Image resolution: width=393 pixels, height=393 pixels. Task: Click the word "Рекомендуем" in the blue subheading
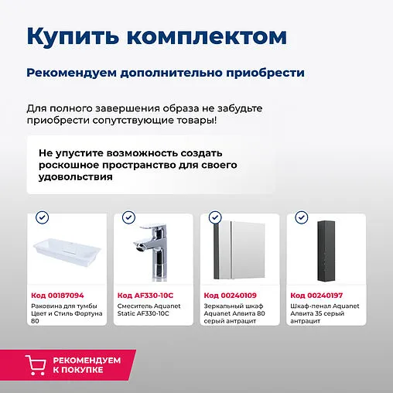[x=67, y=73]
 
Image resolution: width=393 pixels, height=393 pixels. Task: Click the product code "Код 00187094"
[x=57, y=295]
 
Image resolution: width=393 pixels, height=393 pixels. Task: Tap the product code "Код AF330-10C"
[x=145, y=295]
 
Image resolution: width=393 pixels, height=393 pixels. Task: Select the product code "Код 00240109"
[x=230, y=295]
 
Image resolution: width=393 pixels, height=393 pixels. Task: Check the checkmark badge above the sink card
[x=43, y=218]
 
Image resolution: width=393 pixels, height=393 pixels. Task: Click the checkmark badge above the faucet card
[x=129, y=218]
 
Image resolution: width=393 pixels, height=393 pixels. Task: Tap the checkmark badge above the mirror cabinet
[x=216, y=218]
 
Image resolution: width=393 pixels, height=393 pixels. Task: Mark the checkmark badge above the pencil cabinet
[x=302, y=218]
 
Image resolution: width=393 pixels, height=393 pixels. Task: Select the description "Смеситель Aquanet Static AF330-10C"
[x=150, y=309]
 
